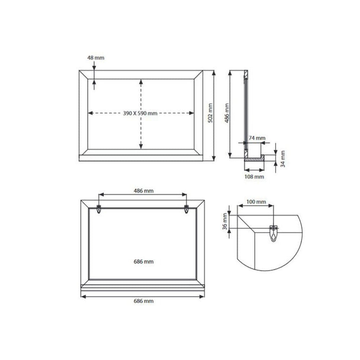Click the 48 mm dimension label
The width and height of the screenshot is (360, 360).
(95, 58)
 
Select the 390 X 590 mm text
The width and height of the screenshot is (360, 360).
(140, 113)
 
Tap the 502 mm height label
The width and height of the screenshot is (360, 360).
(210, 113)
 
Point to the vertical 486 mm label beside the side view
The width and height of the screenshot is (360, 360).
(227, 113)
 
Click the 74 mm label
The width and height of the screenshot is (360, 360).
(257, 138)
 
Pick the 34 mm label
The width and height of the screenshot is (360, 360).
(283, 159)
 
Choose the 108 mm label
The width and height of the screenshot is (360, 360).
(254, 176)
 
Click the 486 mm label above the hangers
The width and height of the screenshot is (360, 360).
(144, 190)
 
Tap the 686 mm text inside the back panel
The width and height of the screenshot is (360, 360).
(144, 261)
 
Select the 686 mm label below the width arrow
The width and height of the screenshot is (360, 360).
(144, 301)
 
